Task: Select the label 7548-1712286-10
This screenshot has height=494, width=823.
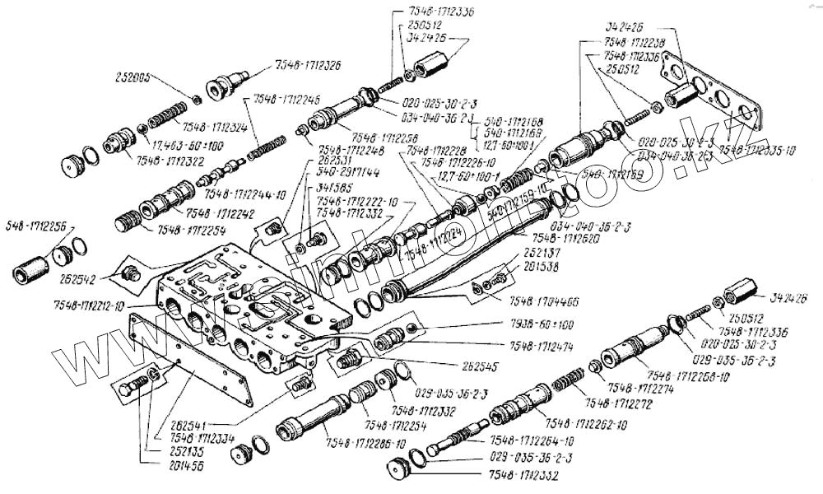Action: click(365, 443)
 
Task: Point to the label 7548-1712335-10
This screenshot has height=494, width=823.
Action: click(756, 151)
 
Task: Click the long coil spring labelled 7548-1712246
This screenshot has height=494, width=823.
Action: click(263, 139)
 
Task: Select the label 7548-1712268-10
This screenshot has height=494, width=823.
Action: click(686, 377)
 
